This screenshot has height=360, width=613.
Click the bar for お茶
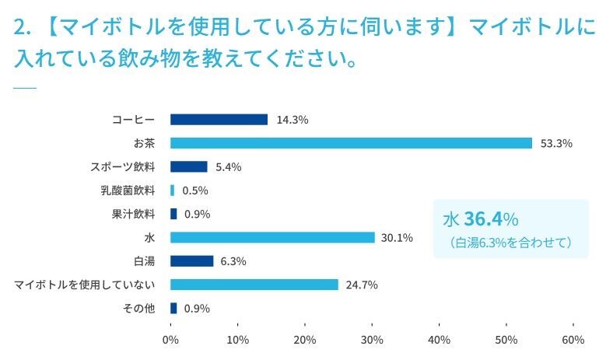(351, 143)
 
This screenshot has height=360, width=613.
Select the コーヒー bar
(219, 120)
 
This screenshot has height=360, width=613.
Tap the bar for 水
(272, 237)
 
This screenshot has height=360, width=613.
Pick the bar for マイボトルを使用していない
(254, 285)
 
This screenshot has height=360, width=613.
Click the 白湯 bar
(191, 261)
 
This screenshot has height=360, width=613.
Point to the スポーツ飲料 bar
(188, 166)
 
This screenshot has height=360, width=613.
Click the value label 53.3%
(556, 143)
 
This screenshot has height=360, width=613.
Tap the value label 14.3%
(292, 120)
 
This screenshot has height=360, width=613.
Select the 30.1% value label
(397, 237)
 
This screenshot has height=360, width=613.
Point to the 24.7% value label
(362, 285)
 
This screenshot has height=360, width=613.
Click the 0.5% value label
(195, 190)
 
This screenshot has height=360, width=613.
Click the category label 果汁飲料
(133, 214)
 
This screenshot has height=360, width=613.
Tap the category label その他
(139, 308)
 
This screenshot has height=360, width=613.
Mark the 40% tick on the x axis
(439, 339)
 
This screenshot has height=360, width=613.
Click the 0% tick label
(170, 339)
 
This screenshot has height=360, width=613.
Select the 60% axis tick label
(573, 339)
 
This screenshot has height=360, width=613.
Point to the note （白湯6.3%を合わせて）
(510, 243)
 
